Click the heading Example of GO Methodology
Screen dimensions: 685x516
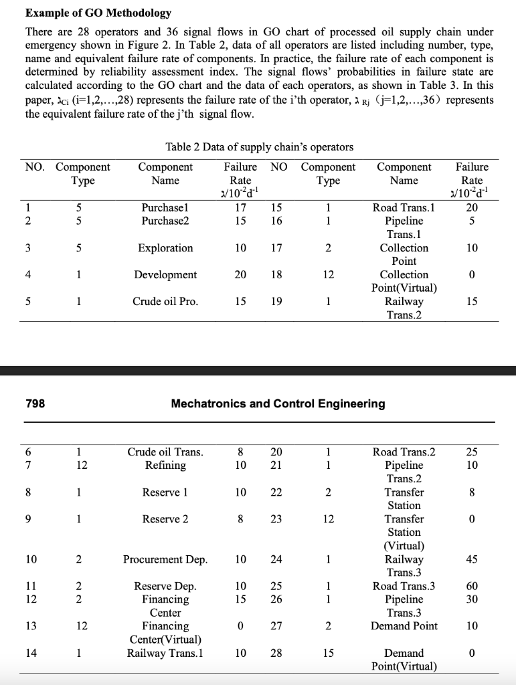pyautogui.click(x=98, y=13)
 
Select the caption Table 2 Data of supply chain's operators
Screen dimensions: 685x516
pyautogui.click(x=259, y=147)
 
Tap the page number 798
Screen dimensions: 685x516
pyautogui.click(x=36, y=403)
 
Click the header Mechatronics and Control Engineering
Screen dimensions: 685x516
pyautogui.click(x=278, y=403)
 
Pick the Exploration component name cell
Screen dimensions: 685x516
pyautogui.click(x=165, y=248)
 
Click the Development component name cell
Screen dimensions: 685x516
pyautogui.click(x=165, y=275)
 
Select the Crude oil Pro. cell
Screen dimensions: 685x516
pyautogui.click(x=165, y=302)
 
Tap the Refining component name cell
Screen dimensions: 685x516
pyautogui.click(x=165, y=466)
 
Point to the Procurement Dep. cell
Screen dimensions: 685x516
pyautogui.click(x=165, y=559)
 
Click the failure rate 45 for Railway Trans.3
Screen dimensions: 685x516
pyautogui.click(x=472, y=559)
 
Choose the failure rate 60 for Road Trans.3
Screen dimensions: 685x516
pyautogui.click(x=472, y=586)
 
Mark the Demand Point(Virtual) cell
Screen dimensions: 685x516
pyautogui.click(x=404, y=660)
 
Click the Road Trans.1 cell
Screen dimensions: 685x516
pyautogui.click(x=404, y=207)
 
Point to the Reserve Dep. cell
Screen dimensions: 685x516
pyautogui.click(x=165, y=586)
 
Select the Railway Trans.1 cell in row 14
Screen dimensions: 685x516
pyautogui.click(x=165, y=653)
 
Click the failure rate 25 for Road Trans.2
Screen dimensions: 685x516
pyautogui.click(x=472, y=452)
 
